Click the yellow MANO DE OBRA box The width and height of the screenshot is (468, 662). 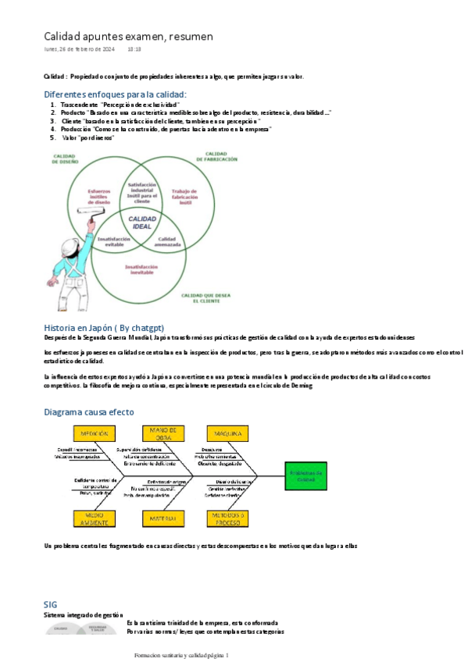coord(163,433)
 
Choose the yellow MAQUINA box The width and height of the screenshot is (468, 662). coord(227,433)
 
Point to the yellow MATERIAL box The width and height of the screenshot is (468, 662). coord(163,518)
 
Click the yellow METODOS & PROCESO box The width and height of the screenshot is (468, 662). coord(227,518)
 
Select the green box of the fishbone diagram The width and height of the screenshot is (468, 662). coord(300,476)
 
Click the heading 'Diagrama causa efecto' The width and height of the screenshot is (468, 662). coord(89,411)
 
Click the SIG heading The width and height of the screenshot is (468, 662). coord(51,604)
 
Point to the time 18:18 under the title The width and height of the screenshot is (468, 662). coord(134,49)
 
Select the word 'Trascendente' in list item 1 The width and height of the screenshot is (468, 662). coord(79,104)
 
